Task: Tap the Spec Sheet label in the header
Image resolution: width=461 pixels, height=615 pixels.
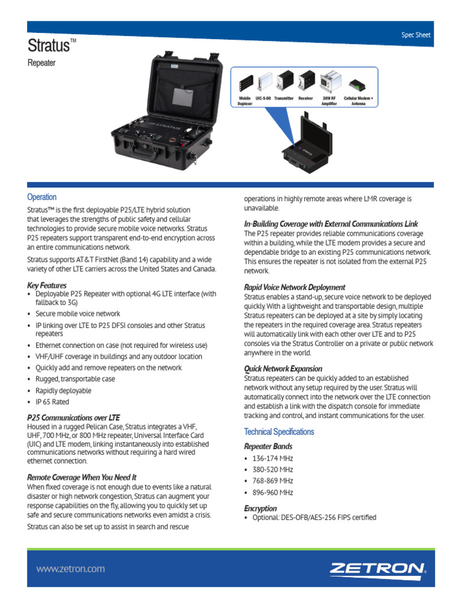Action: tap(416, 35)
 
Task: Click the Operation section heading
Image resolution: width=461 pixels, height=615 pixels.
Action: tap(42, 197)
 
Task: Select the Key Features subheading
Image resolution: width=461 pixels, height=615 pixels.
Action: tap(47, 285)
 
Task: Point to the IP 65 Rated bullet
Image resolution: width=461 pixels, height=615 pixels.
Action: tap(52, 402)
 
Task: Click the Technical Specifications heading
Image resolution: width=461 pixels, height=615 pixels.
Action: tap(279, 432)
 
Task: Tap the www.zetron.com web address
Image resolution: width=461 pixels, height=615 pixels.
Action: tap(70, 569)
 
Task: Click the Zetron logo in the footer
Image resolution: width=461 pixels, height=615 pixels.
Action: tap(378, 569)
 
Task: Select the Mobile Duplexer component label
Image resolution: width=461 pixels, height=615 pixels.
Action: tap(245, 100)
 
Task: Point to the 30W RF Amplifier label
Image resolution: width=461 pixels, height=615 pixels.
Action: tap(329, 100)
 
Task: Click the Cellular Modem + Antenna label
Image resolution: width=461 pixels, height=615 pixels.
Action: tap(358, 100)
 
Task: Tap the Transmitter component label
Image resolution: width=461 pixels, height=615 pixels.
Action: tap(284, 97)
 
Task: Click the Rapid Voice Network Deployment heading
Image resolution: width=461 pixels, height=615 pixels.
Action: tap(294, 287)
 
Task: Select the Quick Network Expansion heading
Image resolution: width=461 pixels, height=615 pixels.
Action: tap(283, 368)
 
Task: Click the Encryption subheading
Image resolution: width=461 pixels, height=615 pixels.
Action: tap(261, 508)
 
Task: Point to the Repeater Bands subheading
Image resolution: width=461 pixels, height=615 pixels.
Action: tap(268, 446)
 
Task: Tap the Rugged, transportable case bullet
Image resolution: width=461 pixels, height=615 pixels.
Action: tap(75, 379)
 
